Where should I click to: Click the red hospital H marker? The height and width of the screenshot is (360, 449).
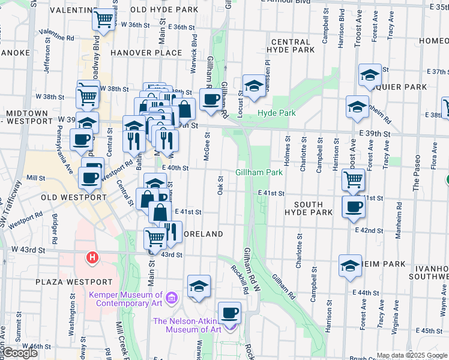(x=92, y=258)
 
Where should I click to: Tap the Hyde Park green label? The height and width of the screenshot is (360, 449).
(x=277, y=113)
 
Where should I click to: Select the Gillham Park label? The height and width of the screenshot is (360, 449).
(x=259, y=172)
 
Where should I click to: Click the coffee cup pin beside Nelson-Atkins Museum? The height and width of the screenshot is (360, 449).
(x=229, y=313)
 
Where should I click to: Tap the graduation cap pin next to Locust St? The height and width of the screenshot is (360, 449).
(x=253, y=86)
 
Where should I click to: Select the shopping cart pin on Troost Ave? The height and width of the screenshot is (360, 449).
(x=354, y=178)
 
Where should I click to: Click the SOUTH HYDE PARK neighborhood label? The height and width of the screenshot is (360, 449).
(x=309, y=209)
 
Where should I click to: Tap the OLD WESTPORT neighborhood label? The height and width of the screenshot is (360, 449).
(x=65, y=197)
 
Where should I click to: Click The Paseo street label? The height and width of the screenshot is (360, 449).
(x=415, y=173)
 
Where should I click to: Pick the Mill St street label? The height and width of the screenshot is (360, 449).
(x=36, y=178)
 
